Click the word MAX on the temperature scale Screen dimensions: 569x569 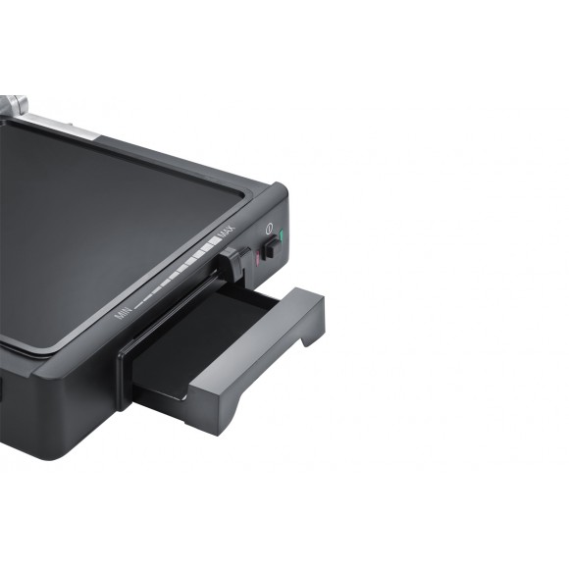tap(226, 232)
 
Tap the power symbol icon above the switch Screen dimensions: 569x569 tap(269, 228)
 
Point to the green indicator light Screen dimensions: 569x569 tap(282, 236)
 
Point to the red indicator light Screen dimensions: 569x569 tap(257, 258)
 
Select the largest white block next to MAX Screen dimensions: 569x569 tap(211, 244)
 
